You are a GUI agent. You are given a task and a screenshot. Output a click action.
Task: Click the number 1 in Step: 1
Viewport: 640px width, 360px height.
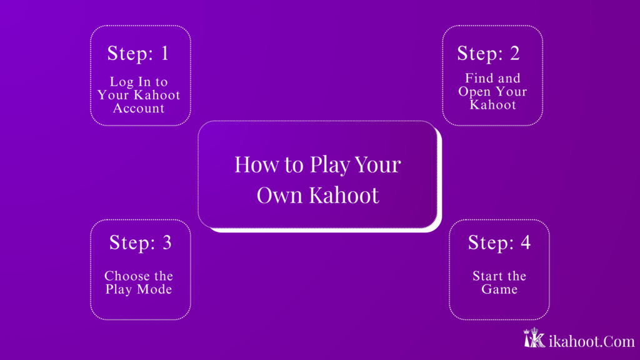tap(164, 54)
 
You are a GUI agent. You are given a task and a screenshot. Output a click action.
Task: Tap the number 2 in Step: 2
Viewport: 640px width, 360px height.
tap(514, 54)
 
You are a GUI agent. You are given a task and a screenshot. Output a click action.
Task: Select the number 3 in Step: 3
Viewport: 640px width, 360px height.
tap(166, 243)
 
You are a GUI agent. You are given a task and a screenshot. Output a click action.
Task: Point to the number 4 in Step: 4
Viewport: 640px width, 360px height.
tap(525, 243)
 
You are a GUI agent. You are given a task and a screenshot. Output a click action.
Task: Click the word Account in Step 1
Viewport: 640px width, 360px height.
tap(139, 108)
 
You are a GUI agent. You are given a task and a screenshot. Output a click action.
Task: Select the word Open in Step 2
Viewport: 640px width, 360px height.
tap(474, 91)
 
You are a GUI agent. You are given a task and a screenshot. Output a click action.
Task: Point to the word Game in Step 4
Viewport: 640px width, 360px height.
tap(499, 289)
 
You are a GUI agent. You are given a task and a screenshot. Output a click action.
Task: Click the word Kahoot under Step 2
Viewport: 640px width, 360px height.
tap(493, 104)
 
